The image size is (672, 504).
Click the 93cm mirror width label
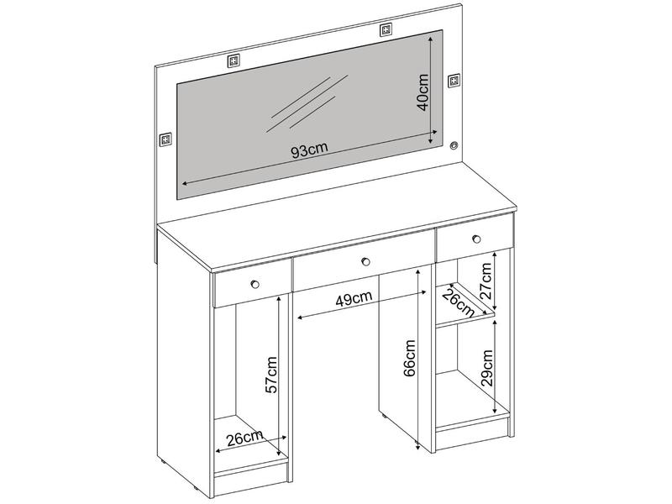point(309,150)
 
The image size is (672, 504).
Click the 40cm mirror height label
point(423,92)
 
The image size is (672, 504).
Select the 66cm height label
point(410,359)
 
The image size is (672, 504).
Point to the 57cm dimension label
point(271,375)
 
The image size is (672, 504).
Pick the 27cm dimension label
point(486,281)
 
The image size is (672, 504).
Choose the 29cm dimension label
point(487,368)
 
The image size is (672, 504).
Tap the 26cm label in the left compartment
point(244,438)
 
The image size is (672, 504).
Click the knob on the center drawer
point(365,261)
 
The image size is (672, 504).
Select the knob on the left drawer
point(255,284)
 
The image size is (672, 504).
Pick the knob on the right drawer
point(476,239)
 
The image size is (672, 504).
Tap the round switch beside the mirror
point(454,145)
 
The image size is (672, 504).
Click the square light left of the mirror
point(165,139)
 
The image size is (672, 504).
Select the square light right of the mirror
point(454,80)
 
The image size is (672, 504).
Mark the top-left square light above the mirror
point(234,60)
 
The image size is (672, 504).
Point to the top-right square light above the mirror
point(386,30)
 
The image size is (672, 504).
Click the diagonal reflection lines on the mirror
point(307,103)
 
